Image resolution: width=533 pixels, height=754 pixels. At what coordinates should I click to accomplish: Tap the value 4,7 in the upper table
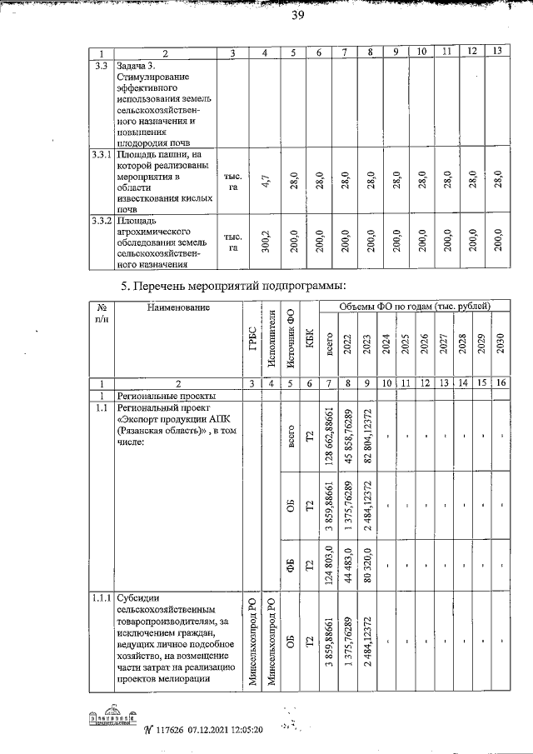click(264, 181)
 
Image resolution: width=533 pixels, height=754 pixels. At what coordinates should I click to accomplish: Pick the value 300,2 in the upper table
click(264, 242)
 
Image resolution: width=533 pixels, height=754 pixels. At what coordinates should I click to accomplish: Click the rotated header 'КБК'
click(310, 349)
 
